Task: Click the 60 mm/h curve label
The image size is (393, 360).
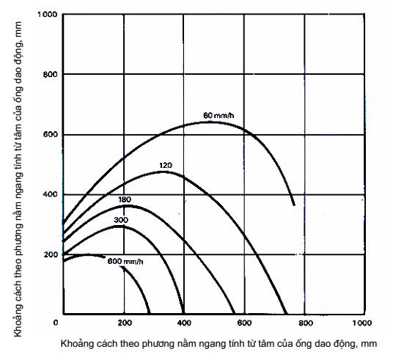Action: (218, 116)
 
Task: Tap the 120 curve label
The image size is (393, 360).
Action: (166, 166)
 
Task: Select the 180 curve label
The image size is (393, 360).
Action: (125, 199)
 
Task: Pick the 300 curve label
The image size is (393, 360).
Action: (121, 220)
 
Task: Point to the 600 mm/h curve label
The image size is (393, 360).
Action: (125, 262)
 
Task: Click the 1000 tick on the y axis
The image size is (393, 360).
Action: (48, 14)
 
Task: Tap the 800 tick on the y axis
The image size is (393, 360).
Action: (51, 74)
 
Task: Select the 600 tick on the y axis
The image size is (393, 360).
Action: (51, 134)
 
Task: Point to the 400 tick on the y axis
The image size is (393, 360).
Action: (51, 194)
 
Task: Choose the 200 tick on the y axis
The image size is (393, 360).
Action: (51, 254)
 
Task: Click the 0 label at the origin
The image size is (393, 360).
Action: (56, 323)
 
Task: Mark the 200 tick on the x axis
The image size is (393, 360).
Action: (125, 323)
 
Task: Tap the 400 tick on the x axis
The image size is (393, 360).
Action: (184, 323)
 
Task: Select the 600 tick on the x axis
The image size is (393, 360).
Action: (244, 323)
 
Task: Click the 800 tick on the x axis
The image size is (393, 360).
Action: (306, 323)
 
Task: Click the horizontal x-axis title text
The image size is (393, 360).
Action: (218, 343)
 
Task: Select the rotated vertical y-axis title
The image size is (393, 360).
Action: (18, 179)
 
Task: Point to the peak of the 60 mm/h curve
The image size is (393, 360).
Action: (210, 122)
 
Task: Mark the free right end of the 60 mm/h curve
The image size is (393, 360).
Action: (294, 205)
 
